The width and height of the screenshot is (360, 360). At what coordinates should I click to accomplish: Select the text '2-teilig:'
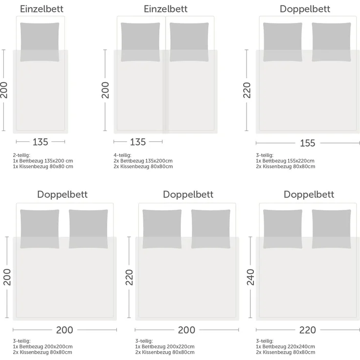[22, 155]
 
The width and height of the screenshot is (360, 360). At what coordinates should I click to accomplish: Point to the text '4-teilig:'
[123, 155]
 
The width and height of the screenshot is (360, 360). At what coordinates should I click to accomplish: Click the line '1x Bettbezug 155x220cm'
[285, 161]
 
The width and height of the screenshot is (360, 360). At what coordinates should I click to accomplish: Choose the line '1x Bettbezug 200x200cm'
[43, 346]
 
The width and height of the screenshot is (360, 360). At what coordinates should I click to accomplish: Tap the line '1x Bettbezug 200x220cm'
[165, 346]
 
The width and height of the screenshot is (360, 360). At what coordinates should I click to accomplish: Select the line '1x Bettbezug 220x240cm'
[285, 346]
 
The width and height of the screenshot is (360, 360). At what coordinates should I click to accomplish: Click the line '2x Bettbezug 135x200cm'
[143, 161]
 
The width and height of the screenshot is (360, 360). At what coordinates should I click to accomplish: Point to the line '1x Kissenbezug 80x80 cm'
[43, 166]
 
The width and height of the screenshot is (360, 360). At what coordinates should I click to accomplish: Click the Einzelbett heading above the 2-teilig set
[41, 9]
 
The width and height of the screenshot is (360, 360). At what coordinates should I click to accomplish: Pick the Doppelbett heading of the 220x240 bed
[309, 194]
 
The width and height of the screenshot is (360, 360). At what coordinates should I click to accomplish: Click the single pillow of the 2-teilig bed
[41, 42]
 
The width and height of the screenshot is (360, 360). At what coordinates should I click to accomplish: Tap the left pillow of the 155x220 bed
[283, 42]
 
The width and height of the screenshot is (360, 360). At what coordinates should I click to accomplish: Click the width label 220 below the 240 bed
[307, 330]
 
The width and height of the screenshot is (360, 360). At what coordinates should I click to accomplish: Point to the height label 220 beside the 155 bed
[247, 90]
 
